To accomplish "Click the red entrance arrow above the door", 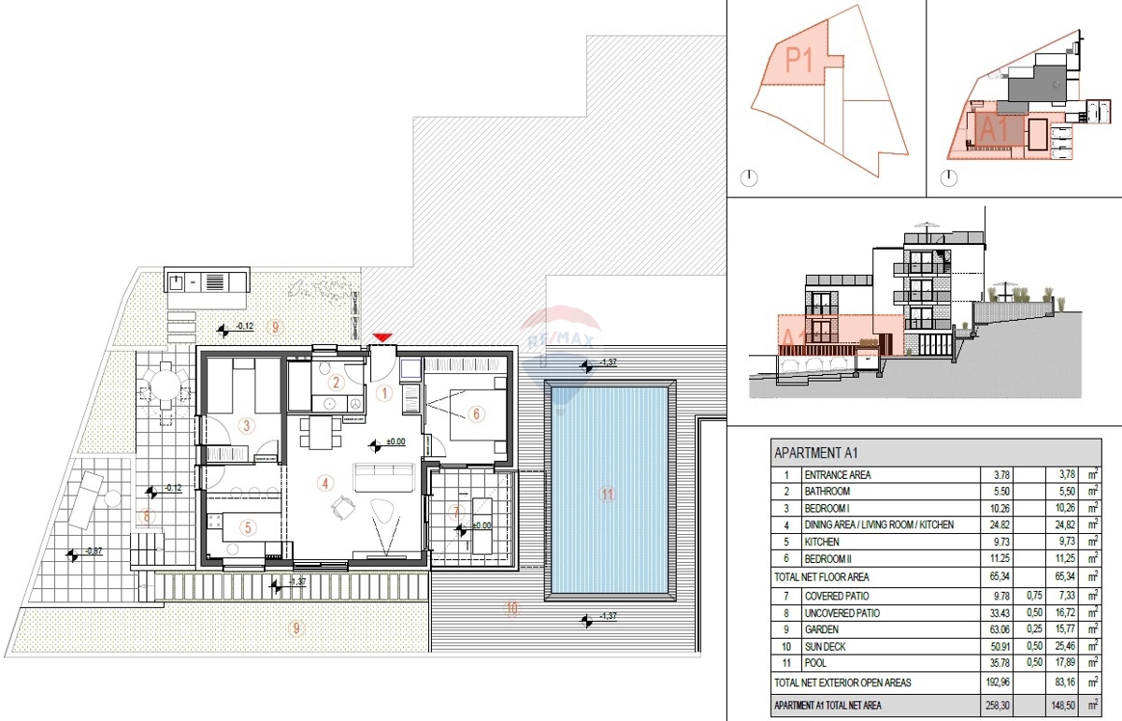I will (381, 337).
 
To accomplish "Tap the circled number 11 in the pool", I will (608, 495).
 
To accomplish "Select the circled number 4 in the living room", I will (324, 483).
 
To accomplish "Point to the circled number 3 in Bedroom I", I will (246, 426).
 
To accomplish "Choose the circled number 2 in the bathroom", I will (337, 382).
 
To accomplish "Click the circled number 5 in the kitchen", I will (248, 527).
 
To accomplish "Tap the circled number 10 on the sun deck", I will (511, 608).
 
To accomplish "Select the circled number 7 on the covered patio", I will (455, 512).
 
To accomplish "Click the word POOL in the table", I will (817, 663).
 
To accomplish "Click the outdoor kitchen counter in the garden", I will (207, 280).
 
